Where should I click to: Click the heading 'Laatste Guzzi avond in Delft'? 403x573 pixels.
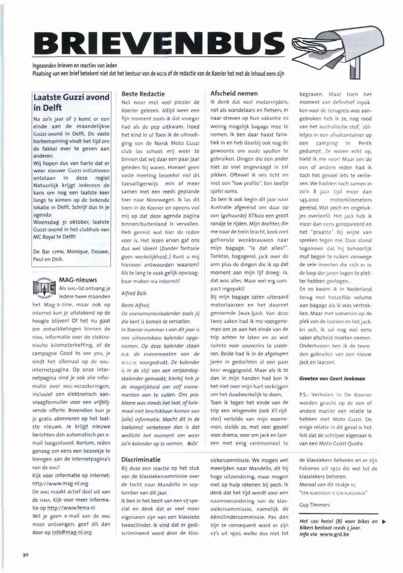tap(71, 102)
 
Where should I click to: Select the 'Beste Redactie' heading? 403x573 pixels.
tap(143, 94)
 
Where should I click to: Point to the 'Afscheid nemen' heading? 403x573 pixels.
tap(234, 93)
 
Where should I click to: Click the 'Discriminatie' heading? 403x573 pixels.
tap(141, 459)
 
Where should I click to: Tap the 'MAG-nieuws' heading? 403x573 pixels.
tap(78, 280)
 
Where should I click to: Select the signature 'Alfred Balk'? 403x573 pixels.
tap(134, 293)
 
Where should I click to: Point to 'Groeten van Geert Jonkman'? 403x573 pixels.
tap(332, 379)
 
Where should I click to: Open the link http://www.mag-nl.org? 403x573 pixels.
tap(60, 484)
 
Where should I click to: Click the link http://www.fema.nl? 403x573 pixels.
tap(71, 508)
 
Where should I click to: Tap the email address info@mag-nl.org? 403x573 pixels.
tap(72, 532)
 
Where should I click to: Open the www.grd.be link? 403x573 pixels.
tap(334, 534)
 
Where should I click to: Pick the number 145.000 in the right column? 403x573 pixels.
tap(310, 200)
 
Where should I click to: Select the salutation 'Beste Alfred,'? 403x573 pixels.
tap(136, 305)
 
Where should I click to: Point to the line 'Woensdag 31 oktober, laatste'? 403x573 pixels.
tap(71, 222)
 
